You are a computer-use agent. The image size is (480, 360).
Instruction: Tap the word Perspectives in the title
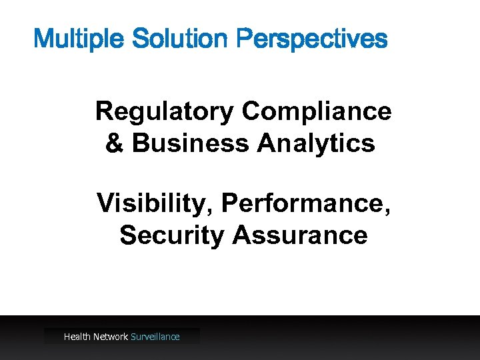pos(311,39)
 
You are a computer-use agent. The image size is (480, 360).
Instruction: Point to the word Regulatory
pos(165,111)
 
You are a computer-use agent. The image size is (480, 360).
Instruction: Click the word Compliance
pos(317,111)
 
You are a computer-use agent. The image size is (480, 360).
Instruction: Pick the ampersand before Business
pos(115,143)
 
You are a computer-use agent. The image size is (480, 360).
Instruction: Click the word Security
pos(171,235)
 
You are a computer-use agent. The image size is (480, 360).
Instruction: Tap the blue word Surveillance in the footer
pos(155,337)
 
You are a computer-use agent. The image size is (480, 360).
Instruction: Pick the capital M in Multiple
pos(43,39)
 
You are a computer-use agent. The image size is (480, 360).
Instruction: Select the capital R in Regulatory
pos(104,111)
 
